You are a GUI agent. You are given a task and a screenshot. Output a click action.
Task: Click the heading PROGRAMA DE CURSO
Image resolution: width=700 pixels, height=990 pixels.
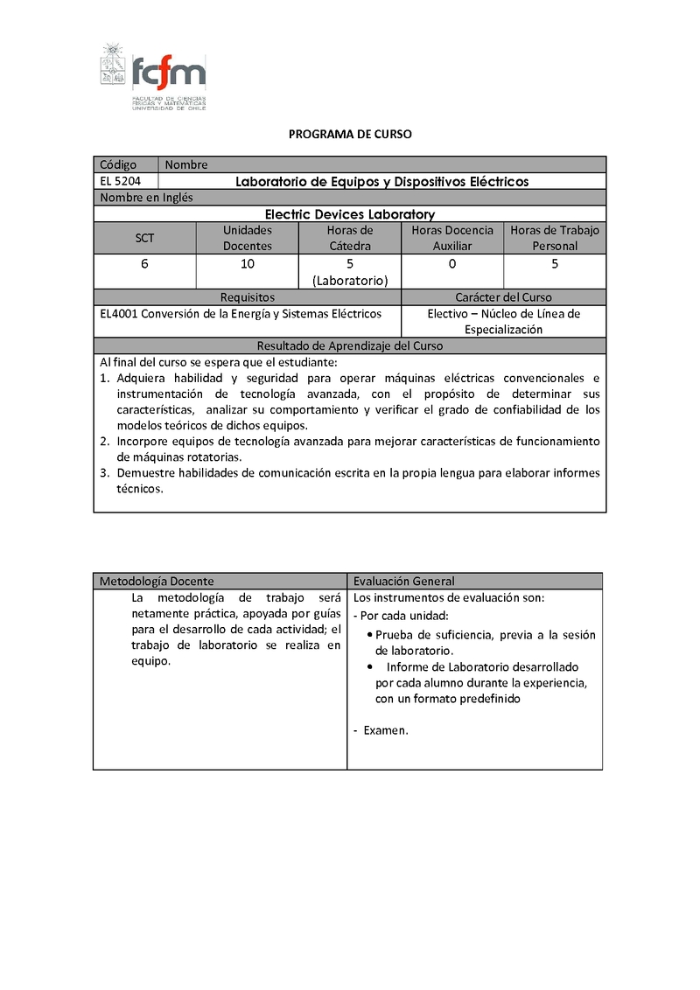point(350,135)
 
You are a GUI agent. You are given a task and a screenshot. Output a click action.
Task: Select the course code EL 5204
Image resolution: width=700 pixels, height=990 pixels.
point(118,181)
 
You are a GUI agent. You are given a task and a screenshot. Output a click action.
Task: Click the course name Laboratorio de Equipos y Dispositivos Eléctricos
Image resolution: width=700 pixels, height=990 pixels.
point(382,182)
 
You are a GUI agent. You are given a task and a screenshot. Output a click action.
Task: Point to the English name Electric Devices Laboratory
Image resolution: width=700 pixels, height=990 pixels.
point(349,214)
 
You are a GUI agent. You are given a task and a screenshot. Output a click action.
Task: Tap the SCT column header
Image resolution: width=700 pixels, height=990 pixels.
point(144,238)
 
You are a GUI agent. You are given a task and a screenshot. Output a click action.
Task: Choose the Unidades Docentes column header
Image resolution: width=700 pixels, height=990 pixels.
point(248,238)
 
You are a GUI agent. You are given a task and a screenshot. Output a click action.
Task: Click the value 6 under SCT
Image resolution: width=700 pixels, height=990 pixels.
point(144,263)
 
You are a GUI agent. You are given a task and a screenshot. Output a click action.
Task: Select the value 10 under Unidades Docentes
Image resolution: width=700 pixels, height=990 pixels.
point(248,263)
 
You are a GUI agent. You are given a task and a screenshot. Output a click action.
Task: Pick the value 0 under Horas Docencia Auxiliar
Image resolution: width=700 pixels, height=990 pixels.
point(452,263)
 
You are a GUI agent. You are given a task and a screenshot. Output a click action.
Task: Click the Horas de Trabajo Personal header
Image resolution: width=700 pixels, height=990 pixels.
point(555,238)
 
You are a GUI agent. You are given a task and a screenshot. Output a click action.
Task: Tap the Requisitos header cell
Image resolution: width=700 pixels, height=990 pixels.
point(248,297)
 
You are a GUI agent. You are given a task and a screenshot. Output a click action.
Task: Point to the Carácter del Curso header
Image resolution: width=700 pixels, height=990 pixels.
point(503,297)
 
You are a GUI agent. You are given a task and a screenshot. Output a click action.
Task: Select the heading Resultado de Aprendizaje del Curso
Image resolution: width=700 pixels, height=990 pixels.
point(349,345)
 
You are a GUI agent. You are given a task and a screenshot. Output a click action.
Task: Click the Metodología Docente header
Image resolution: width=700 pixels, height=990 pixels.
point(157,581)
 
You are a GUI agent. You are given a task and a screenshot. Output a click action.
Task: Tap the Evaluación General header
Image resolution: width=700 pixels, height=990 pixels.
point(403,581)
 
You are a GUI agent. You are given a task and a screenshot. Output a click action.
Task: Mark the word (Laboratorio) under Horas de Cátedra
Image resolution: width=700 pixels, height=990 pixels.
point(350,281)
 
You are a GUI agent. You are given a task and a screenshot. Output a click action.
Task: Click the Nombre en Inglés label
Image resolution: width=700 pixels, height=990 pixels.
point(146,198)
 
